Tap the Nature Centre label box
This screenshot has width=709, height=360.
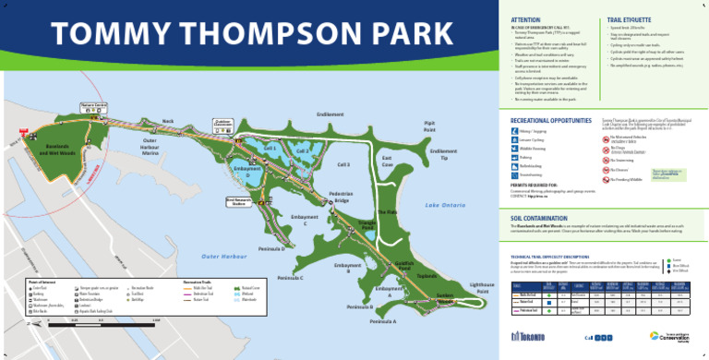[97, 106]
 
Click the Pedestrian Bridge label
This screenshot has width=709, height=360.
[342, 197]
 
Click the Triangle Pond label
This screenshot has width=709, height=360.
[366, 225]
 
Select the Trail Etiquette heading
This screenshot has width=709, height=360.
[628, 18]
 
